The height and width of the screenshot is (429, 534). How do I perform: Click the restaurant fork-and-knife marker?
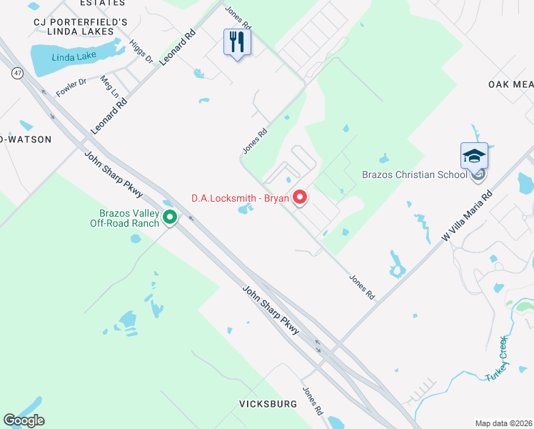pyautogui.click(x=237, y=42)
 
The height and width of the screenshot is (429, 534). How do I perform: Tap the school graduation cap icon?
pyautogui.click(x=474, y=156)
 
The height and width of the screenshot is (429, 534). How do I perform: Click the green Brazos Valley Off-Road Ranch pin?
pyautogui.click(x=170, y=217)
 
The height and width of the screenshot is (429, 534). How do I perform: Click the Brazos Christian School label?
pyautogui.click(x=413, y=174)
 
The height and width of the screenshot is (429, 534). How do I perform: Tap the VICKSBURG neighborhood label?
pyautogui.click(x=268, y=404)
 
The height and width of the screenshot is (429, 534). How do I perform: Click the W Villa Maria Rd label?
pyautogui.click(x=467, y=215)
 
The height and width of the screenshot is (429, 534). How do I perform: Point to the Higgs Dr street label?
pyautogui.click(x=141, y=51)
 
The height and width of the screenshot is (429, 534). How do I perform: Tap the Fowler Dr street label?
pyautogui.click(x=71, y=87)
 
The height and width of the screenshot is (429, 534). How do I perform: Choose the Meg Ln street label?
pyautogui.click(x=109, y=87)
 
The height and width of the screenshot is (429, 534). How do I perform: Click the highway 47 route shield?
pyautogui.click(x=15, y=72)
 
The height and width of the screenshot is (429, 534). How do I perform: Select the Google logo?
pyautogui.click(x=24, y=420)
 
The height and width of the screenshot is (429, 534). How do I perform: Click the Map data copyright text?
pyautogui.click(x=503, y=423)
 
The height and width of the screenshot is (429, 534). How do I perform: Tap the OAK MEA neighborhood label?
pyautogui.click(x=510, y=84)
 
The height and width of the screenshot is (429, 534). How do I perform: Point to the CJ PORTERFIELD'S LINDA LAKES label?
pyautogui.click(x=81, y=22)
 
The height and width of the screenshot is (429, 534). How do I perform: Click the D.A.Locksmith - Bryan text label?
pyautogui.click(x=239, y=198)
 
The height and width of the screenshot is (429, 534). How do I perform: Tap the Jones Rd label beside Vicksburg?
pyautogui.click(x=312, y=402)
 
